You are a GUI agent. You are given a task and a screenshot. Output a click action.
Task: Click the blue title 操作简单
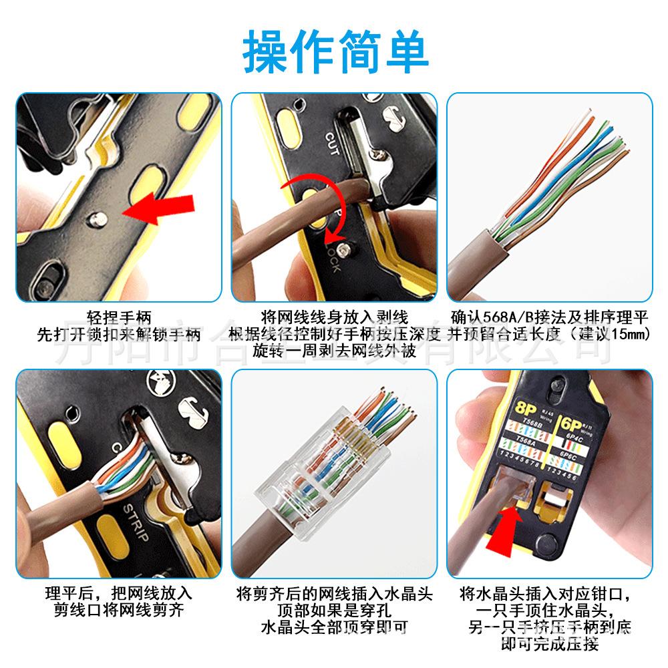(334, 52)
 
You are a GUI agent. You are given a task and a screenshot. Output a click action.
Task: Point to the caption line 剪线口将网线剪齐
(119, 609)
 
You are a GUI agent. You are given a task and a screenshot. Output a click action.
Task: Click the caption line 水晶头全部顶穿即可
(334, 627)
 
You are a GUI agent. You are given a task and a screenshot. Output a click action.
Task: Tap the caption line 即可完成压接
(549, 643)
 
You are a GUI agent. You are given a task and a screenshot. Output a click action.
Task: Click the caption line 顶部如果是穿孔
(334, 610)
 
